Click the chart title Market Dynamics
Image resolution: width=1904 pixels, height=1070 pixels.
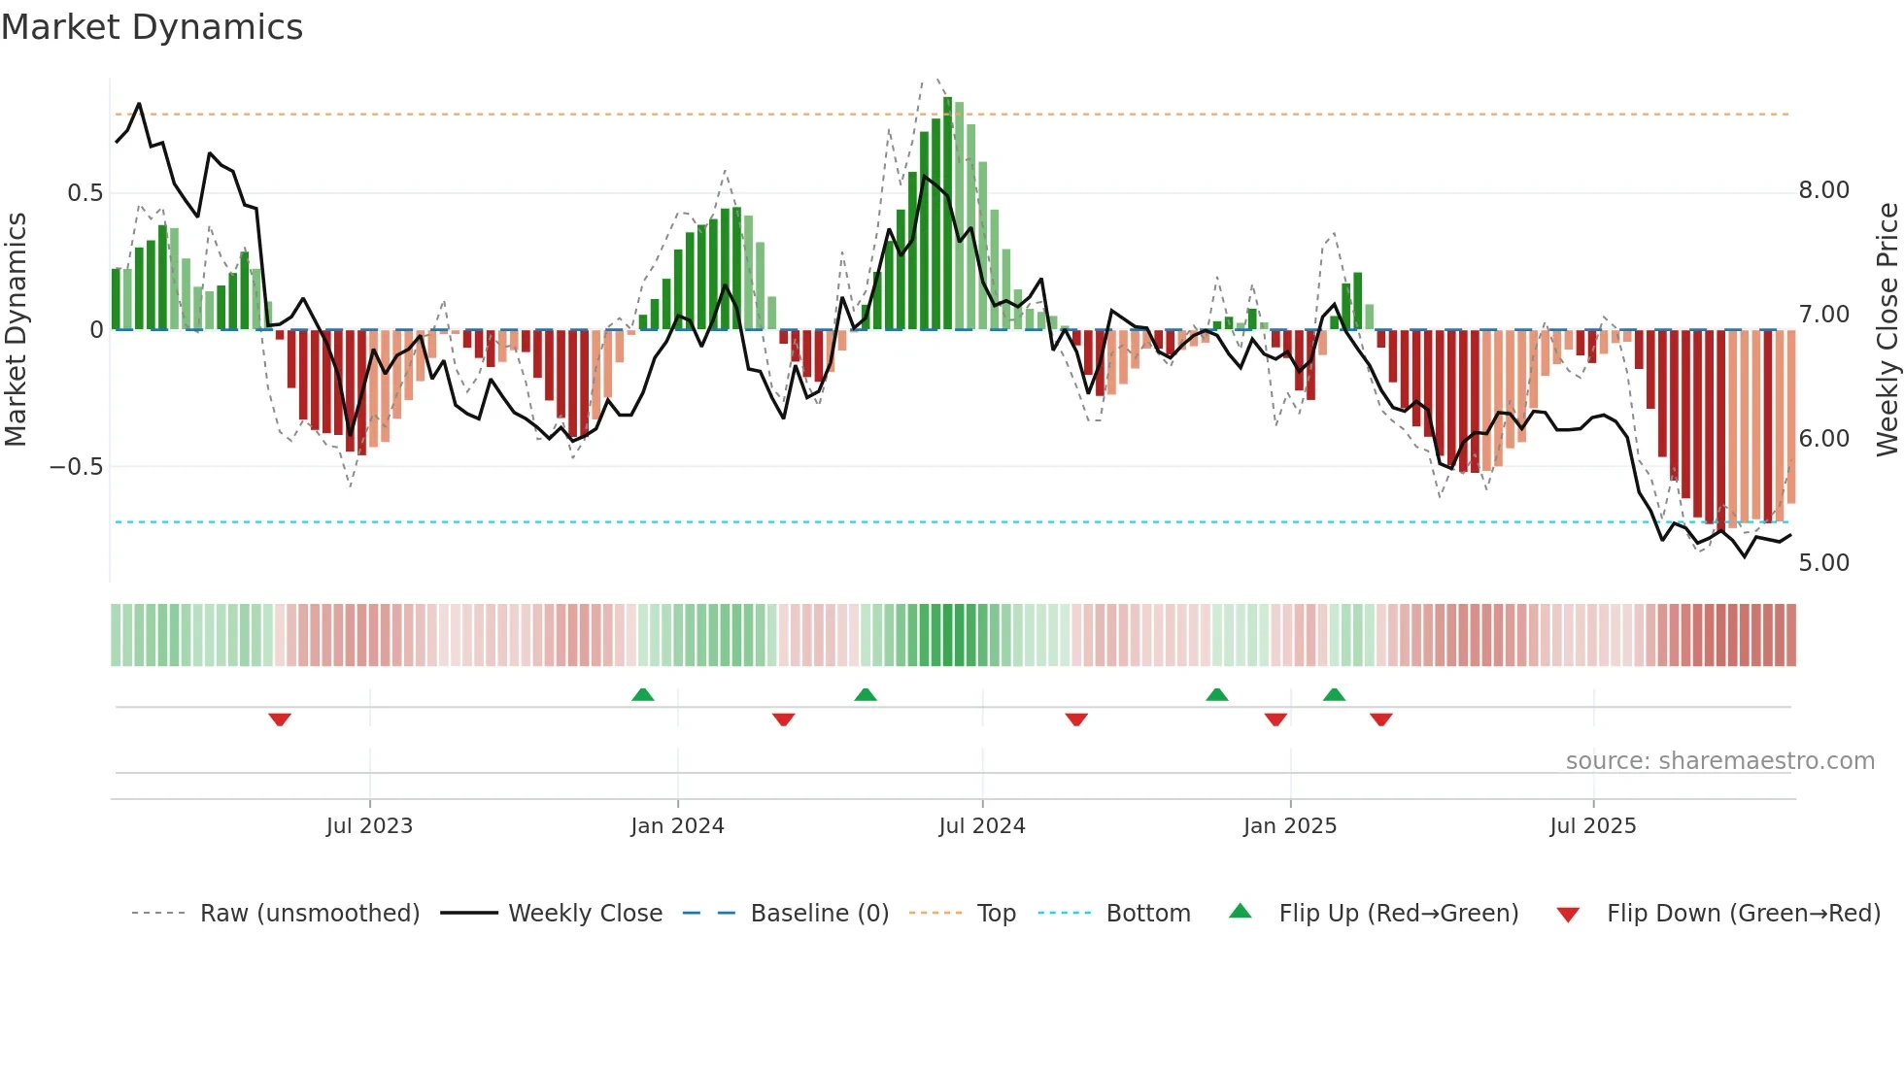pos(152,27)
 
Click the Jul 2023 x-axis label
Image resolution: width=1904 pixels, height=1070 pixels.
pos(369,826)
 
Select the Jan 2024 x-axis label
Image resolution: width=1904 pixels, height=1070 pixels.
pos(677,826)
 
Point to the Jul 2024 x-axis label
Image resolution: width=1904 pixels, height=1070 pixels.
pos(981,826)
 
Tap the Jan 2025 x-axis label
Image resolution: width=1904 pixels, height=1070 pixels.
pos(1289,826)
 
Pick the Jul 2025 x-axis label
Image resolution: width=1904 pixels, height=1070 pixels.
pos(1592,826)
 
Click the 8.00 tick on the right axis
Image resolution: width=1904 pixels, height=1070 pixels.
pos(1823,190)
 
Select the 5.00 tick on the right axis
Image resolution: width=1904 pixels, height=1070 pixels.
pos(1823,563)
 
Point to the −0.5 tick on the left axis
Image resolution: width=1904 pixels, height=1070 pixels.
pos(76,467)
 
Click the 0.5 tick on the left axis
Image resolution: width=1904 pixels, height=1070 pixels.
pos(85,193)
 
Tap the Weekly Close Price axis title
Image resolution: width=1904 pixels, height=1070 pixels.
pos(1887,329)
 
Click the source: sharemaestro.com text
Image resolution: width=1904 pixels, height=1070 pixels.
pos(1719,761)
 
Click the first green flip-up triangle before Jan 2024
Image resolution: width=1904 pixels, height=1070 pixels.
pos(642,694)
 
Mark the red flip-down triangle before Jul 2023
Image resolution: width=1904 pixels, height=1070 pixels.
pos(280,719)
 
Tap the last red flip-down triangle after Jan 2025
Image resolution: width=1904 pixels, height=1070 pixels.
pos(1380,719)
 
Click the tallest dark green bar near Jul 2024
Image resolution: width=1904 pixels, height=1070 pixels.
pos(947,214)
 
